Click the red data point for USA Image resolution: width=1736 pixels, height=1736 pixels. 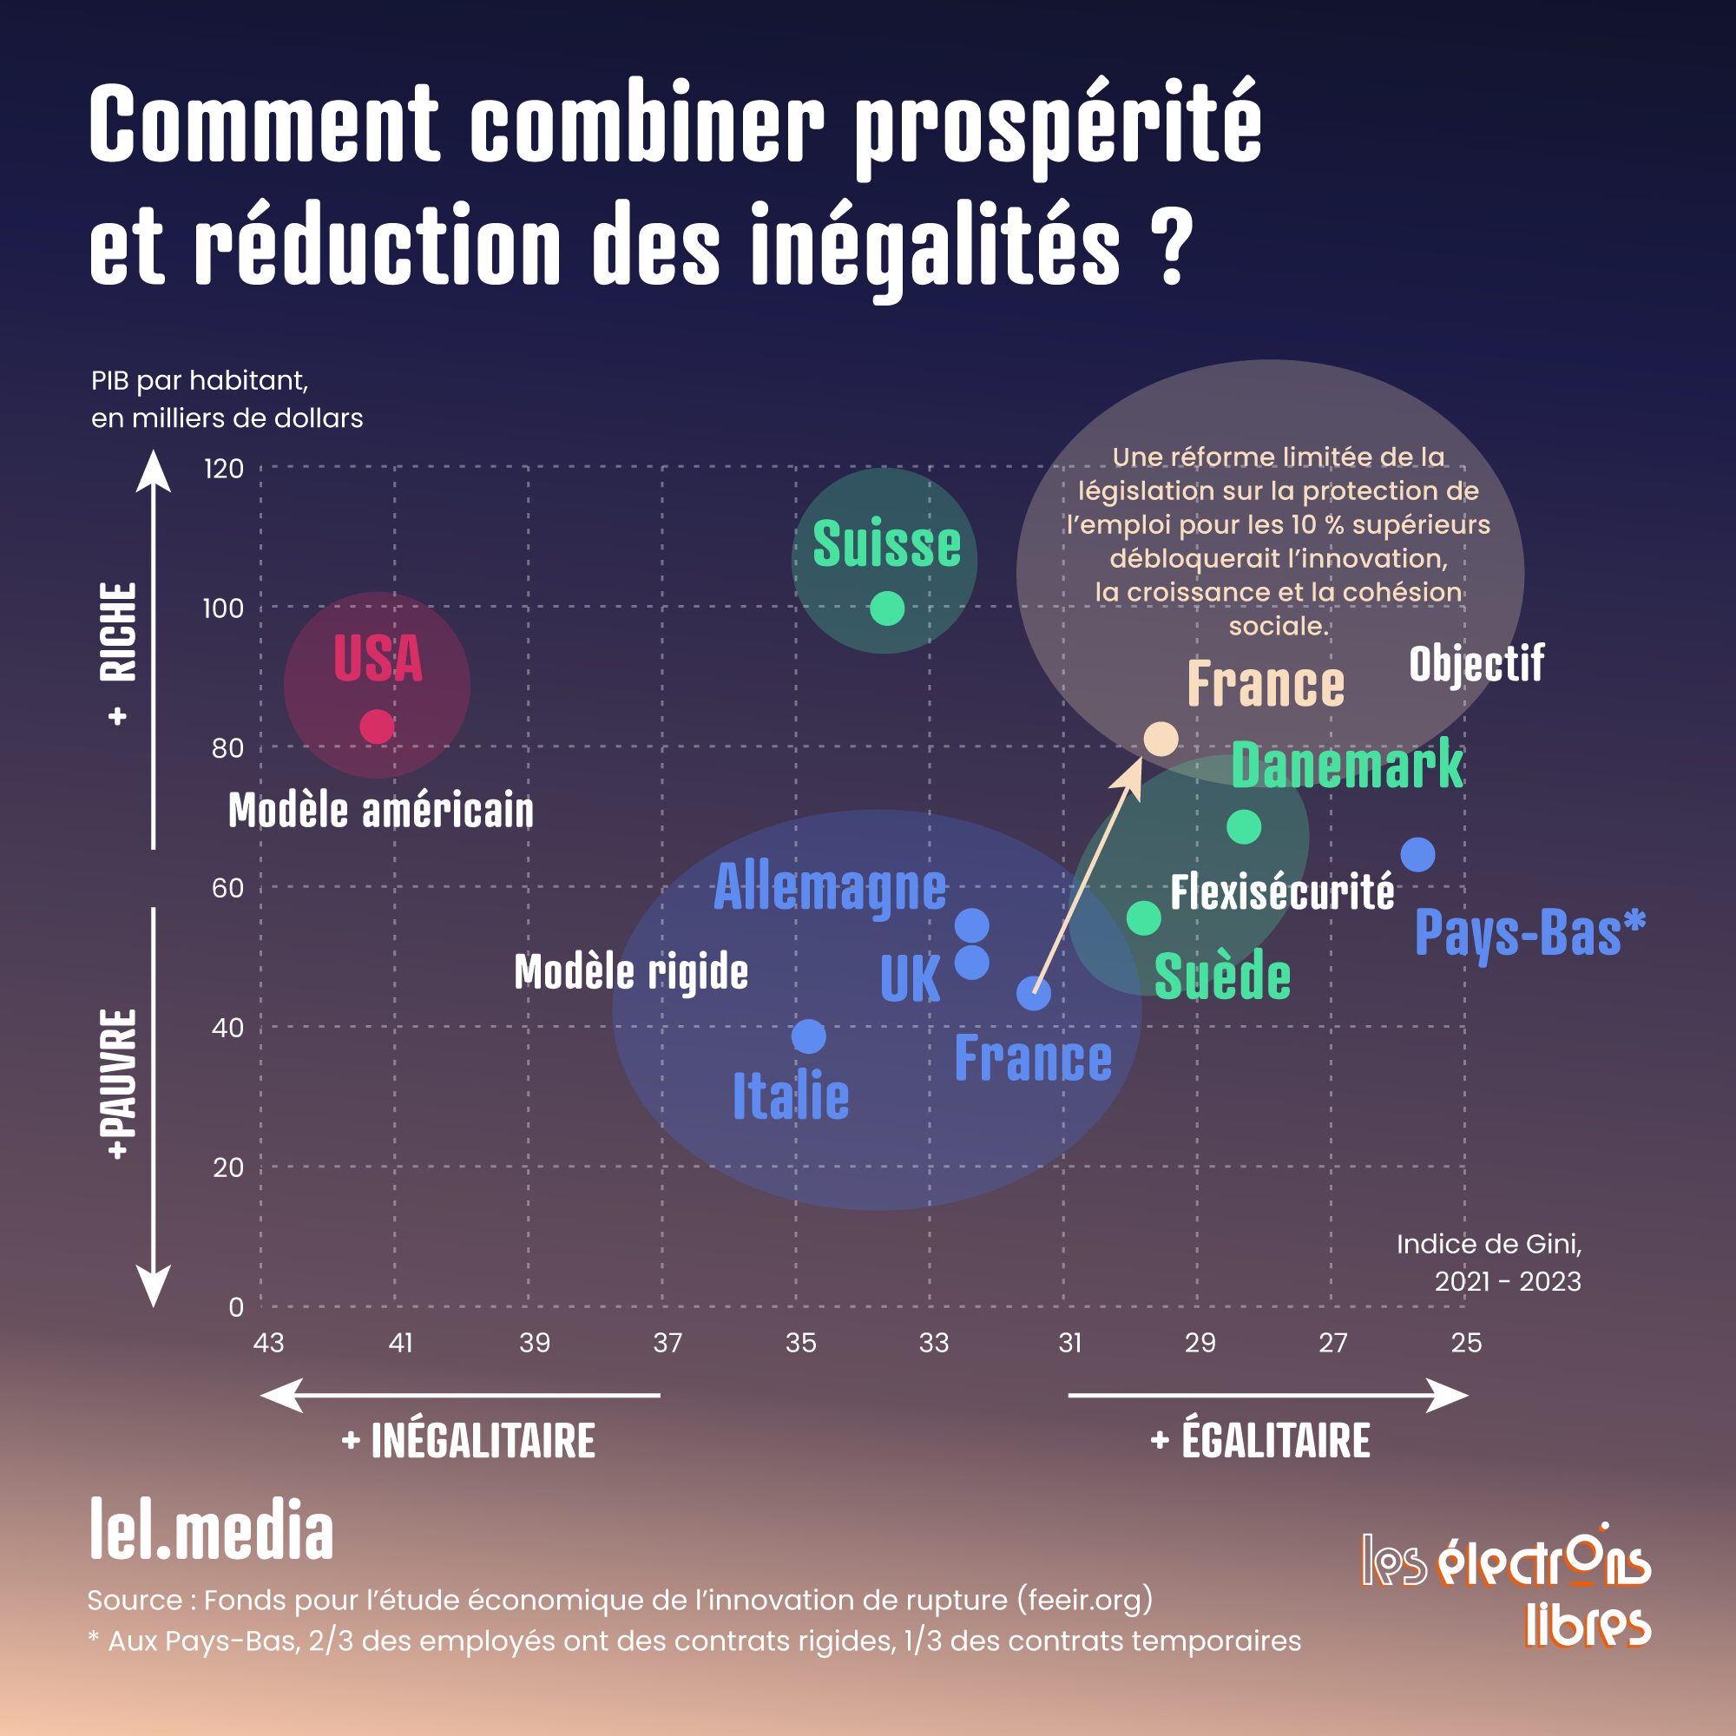[377, 727]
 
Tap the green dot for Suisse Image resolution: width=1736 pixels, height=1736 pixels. [887, 608]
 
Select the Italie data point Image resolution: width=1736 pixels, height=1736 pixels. [809, 1036]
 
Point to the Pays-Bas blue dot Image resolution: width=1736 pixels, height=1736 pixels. [1418, 854]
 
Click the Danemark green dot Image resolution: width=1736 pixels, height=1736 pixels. [1244, 826]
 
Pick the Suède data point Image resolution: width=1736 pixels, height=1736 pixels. [1143, 918]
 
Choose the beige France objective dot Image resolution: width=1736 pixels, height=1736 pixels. [1160, 739]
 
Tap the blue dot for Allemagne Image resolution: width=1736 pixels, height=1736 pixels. [972, 924]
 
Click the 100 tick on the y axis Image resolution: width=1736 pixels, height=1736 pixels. [223, 608]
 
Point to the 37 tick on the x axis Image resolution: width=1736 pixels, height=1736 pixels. [667, 1343]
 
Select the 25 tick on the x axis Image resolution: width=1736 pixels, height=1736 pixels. [1466, 1343]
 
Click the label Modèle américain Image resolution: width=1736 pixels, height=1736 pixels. [381, 811]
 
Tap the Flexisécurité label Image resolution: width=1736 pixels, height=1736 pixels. [1282, 892]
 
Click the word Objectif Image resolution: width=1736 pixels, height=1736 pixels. [1476, 664]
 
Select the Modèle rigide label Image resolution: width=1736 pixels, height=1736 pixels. [631, 972]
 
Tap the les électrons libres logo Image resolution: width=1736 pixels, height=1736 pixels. [1506, 1588]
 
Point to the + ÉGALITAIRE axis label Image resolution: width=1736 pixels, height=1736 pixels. [1259, 1440]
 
